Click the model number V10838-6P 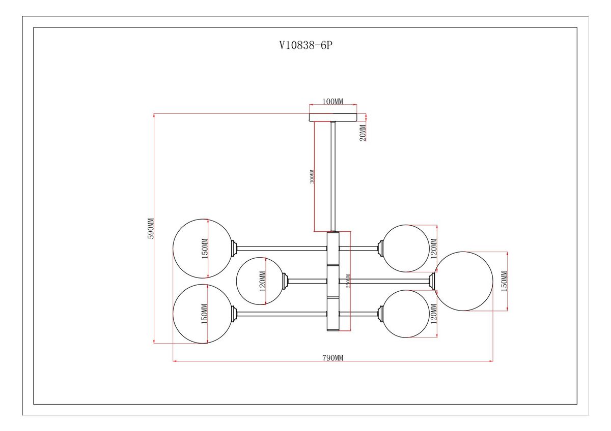(x=305, y=45)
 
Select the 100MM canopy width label (x=333, y=101)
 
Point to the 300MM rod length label (x=312, y=176)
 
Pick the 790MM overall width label (x=333, y=357)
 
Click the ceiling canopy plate (x=333, y=116)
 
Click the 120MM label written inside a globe (x=263, y=281)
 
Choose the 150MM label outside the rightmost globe (x=505, y=281)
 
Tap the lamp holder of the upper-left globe (x=235, y=249)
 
